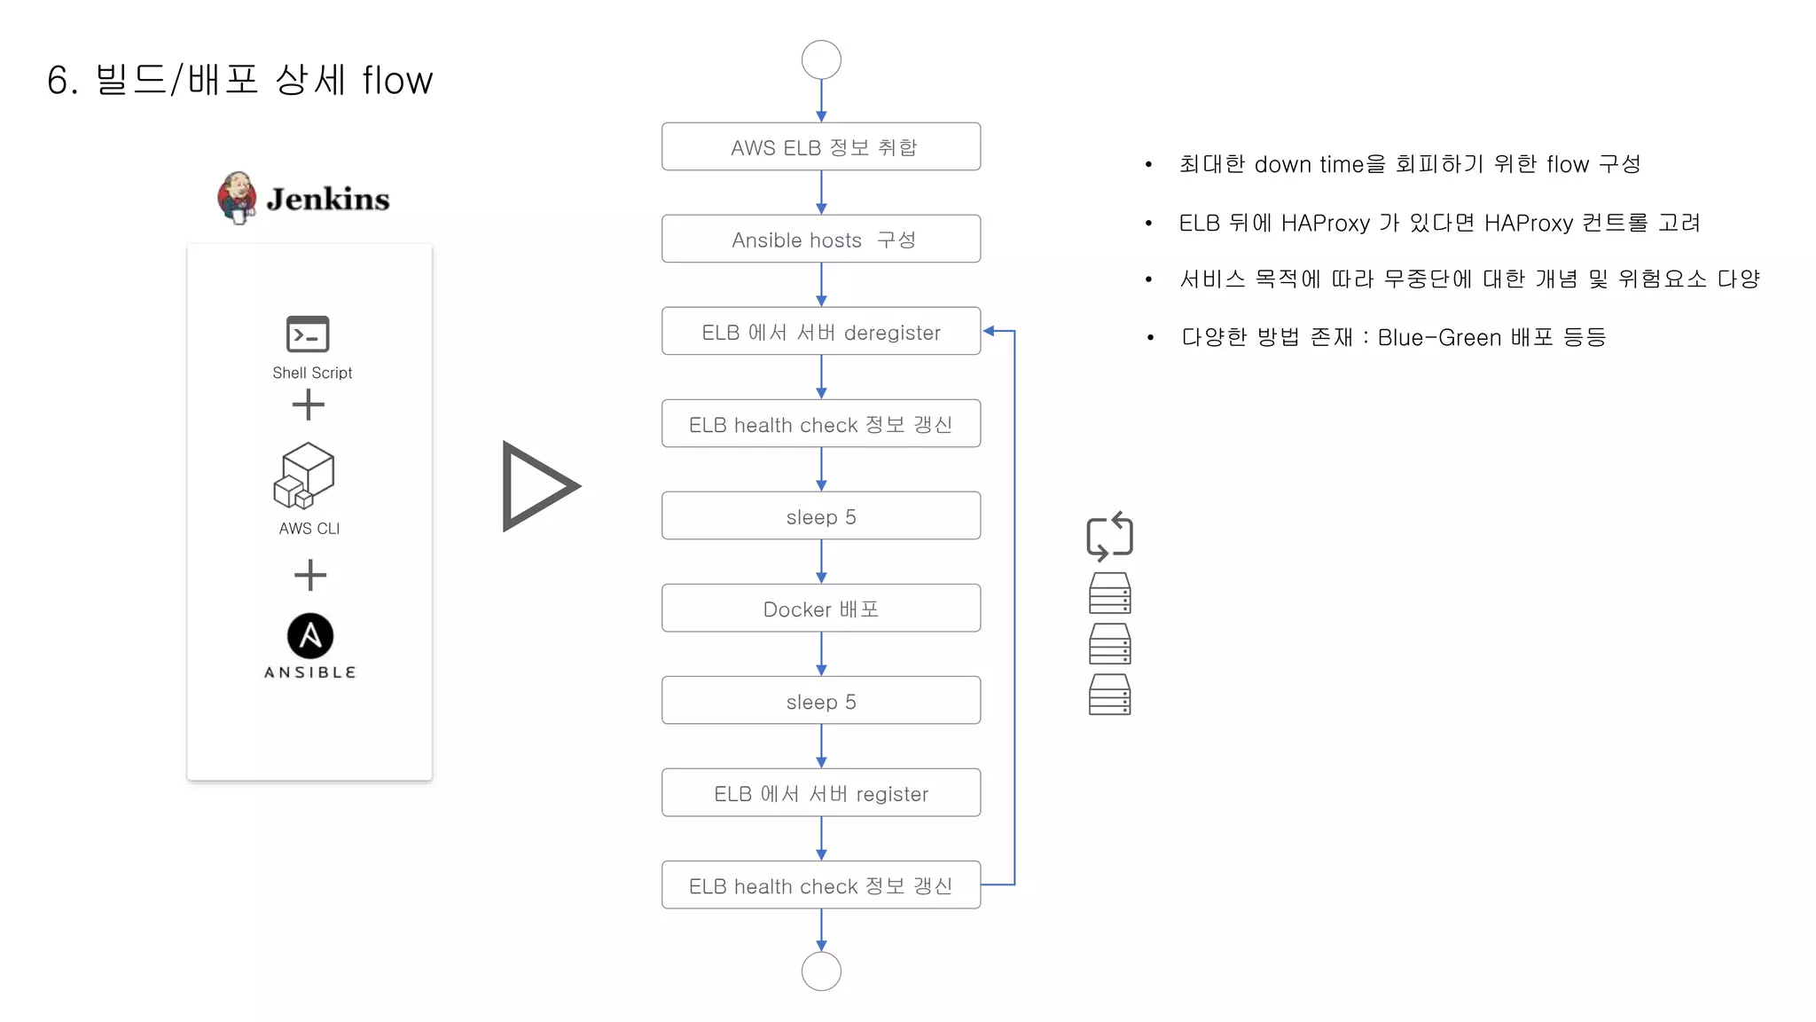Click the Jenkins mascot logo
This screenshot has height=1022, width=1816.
tap(237, 198)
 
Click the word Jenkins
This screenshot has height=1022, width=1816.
tap(328, 199)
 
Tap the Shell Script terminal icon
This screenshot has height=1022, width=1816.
tap(308, 334)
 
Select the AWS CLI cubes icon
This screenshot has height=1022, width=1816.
tap(304, 476)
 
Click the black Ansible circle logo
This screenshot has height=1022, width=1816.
tap(310, 635)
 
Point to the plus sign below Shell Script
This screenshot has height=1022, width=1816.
tap(309, 405)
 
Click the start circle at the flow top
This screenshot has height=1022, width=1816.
tap(821, 60)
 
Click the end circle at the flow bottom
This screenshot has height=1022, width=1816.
tap(821, 971)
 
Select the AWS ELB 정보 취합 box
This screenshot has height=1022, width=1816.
tap(821, 147)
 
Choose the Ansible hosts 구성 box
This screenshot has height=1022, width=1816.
tap(821, 240)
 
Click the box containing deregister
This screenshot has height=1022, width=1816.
tap(821, 332)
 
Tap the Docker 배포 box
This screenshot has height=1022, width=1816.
tap(821, 609)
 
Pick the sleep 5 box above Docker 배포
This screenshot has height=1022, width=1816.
tap(821, 516)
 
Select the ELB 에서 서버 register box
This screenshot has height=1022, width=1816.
tap(821, 793)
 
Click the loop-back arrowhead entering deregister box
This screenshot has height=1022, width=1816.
tap(989, 331)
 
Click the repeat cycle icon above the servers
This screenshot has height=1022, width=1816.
tap(1109, 536)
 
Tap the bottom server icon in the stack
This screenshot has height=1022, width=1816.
tap(1109, 695)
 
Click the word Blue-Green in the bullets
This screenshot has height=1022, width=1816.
tap(1439, 337)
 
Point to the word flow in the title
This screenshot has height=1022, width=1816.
tap(397, 80)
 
